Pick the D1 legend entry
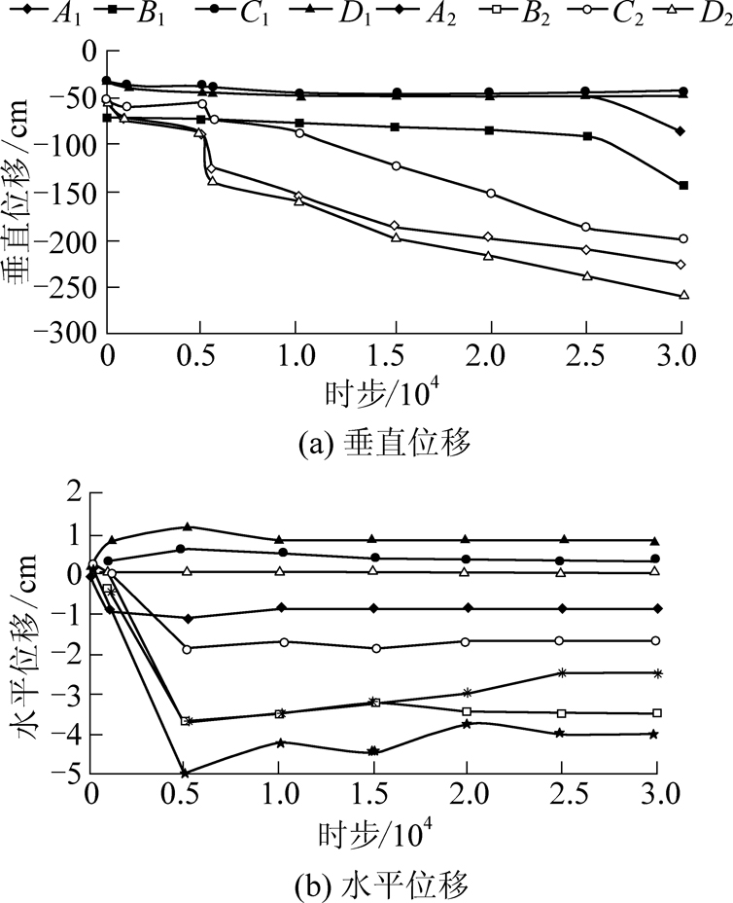coord(320,16)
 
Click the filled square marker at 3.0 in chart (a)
coord(683,185)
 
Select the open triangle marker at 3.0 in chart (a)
coord(683,295)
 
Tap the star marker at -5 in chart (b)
coord(185,773)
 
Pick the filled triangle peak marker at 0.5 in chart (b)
coord(187,526)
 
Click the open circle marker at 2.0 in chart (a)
coord(490,193)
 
